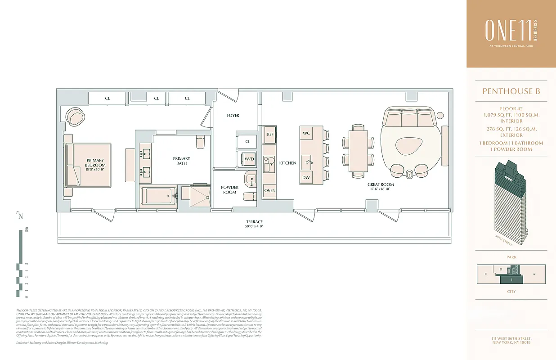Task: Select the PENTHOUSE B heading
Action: point(511,91)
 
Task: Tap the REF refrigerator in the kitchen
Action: point(270,134)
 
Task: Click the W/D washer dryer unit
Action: point(249,158)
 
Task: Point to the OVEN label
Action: point(270,190)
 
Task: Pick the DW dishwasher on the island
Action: point(306,177)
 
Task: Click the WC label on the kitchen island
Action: point(306,134)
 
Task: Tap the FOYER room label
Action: point(233,116)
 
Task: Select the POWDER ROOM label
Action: point(229,190)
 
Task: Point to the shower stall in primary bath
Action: point(194,196)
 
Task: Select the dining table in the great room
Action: point(358,152)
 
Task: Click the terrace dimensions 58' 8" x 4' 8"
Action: point(254,227)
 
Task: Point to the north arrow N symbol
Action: point(21,216)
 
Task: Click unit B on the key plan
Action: point(511,279)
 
